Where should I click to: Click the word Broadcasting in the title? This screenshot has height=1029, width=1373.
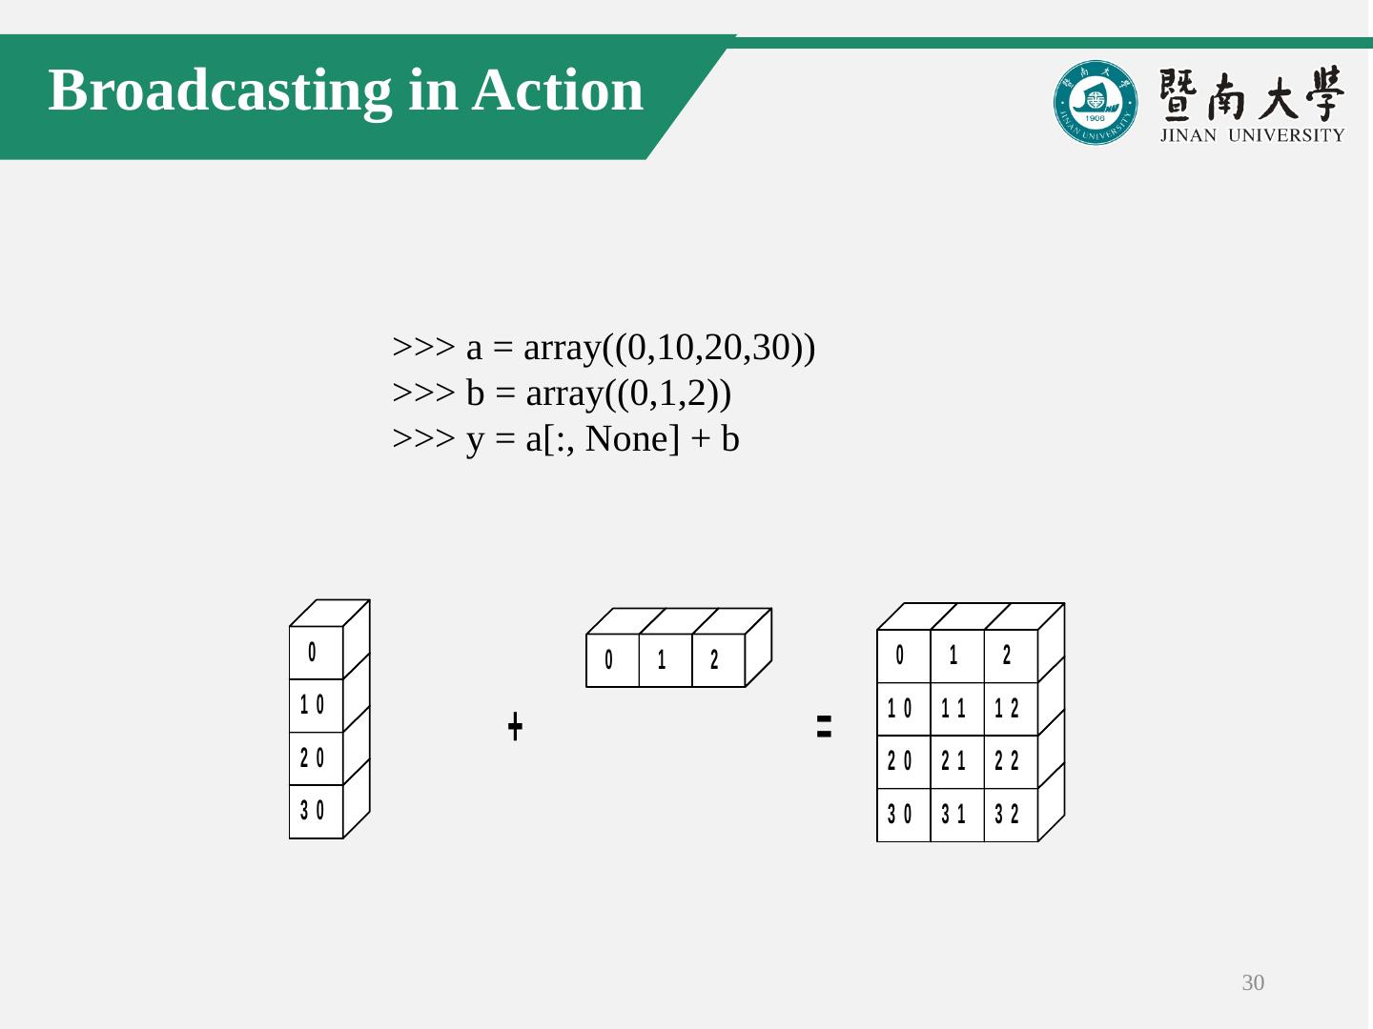(220, 91)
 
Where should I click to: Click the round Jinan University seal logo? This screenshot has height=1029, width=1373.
(1096, 103)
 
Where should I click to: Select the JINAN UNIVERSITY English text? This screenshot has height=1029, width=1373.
(1252, 135)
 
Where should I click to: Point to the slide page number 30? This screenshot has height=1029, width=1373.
(1253, 983)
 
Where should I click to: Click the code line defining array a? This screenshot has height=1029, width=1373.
(604, 348)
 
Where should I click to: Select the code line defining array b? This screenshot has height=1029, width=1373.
(562, 393)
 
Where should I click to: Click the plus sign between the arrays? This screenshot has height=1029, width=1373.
(515, 726)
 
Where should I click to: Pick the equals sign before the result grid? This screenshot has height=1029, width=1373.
(825, 726)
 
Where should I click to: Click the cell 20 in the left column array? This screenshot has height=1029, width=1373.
(313, 758)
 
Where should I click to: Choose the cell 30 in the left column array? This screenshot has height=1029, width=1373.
(313, 811)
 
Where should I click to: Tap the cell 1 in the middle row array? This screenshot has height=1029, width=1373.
(663, 659)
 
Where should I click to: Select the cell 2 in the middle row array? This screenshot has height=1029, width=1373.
(715, 659)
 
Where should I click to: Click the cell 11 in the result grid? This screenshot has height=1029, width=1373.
(954, 709)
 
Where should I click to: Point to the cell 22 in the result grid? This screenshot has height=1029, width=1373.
(1008, 761)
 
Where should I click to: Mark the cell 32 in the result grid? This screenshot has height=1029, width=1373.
(1008, 815)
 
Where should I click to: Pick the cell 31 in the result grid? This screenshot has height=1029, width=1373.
(954, 815)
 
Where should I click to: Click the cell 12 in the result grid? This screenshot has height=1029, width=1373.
(1008, 709)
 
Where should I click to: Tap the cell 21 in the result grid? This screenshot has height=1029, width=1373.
(954, 761)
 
